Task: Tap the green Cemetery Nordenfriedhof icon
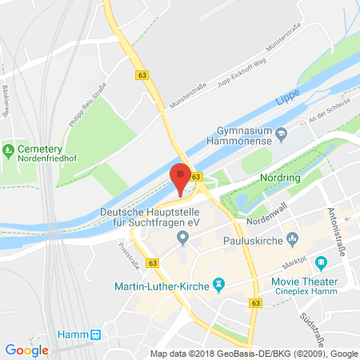pos(9,149)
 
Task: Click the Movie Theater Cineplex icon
pos(321,262)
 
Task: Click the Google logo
pos(26,350)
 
